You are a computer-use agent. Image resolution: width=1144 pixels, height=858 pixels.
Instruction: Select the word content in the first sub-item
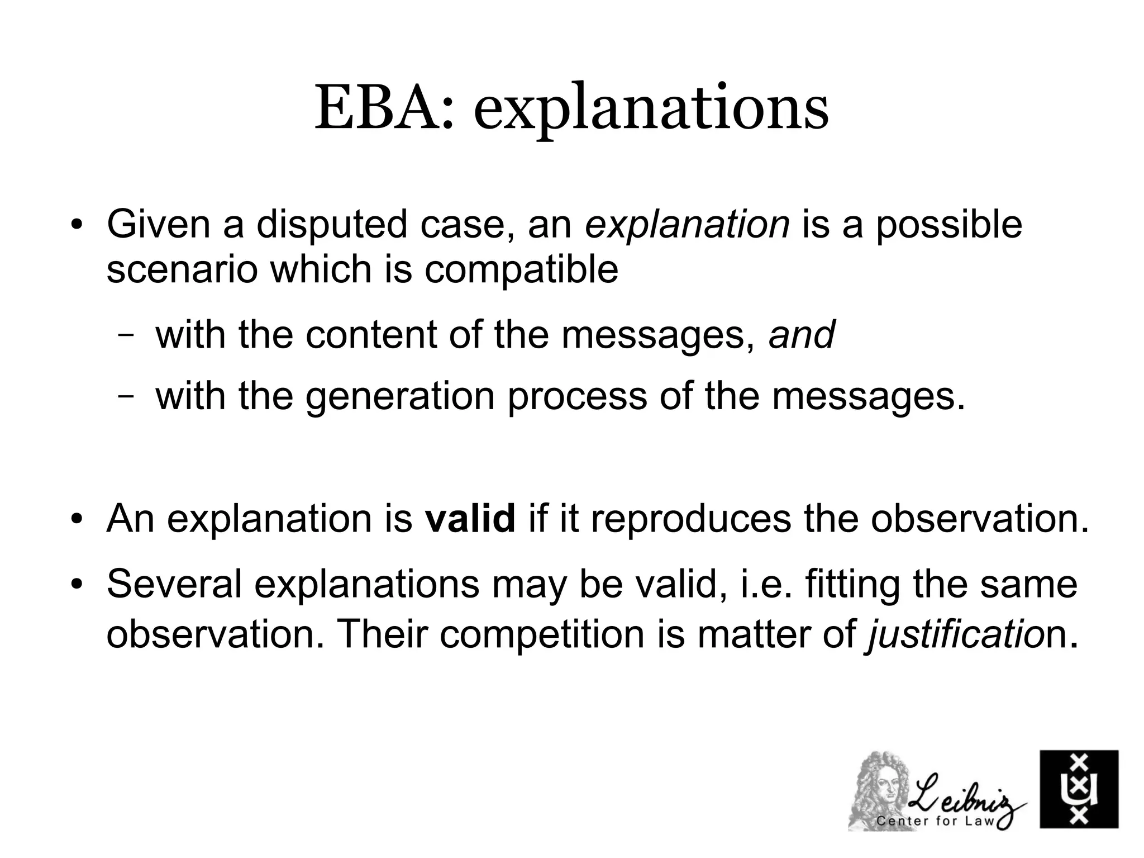370,335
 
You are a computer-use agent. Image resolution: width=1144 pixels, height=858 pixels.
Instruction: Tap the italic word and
802,335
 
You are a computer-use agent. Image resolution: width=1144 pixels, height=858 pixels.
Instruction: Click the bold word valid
470,519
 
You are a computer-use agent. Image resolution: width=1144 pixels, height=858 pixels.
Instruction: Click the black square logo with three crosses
1079,789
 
